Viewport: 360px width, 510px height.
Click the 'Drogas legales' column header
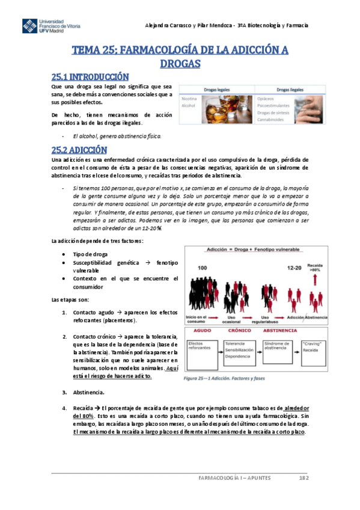[x=217, y=89]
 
